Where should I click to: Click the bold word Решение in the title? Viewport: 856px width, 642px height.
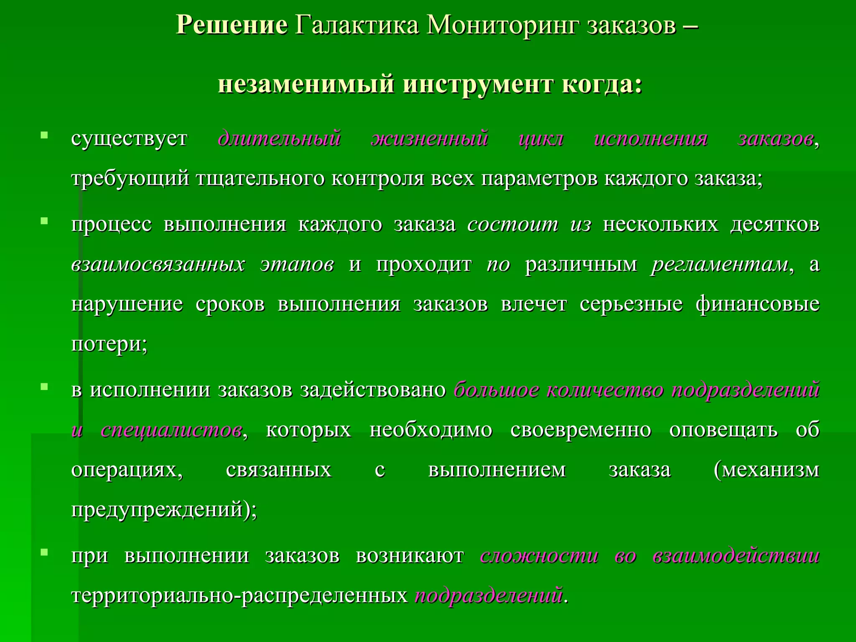232,25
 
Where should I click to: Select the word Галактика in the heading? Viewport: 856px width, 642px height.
357,25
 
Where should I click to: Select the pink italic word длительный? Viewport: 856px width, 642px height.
280,139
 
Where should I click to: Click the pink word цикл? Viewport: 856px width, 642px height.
541,139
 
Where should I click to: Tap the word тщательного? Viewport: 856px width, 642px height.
260,179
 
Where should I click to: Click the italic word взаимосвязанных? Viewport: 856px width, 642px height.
158,264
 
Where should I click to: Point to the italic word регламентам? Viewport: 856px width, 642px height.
719,264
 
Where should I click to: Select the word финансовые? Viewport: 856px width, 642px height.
757,304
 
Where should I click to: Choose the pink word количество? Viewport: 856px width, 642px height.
605,390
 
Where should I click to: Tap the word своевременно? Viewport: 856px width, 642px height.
581,430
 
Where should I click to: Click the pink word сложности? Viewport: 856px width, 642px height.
539,556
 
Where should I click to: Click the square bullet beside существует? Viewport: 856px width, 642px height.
44,135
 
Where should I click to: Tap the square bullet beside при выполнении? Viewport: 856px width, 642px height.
44,553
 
